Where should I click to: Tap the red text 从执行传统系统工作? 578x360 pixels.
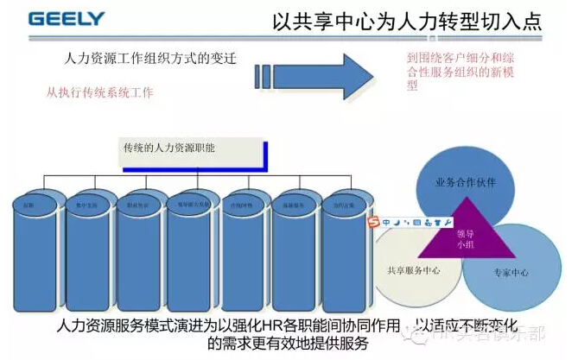99,92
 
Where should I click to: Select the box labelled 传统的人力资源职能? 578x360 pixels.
190,154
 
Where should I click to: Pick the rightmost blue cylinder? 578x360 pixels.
337,246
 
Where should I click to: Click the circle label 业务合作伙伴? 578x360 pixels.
467,184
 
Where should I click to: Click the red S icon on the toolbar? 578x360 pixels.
374,223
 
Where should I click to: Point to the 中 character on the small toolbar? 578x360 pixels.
385,223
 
